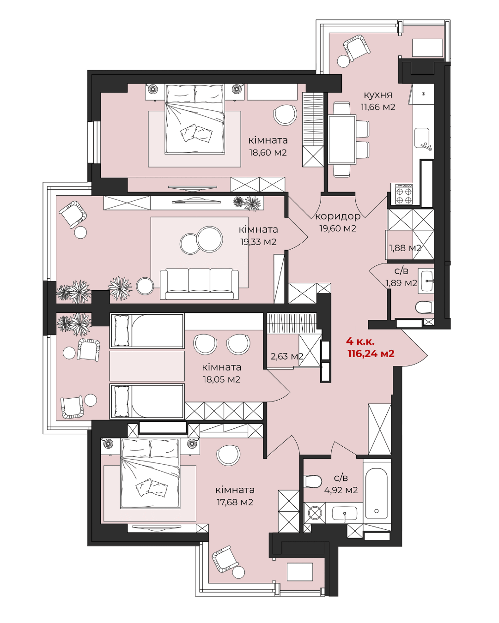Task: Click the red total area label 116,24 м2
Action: [x=371, y=353]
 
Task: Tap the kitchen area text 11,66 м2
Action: [x=378, y=107]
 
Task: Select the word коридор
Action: [x=338, y=216]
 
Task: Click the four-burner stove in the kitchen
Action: [x=402, y=194]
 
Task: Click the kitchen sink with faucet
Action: [x=422, y=139]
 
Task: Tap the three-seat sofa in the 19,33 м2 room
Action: [x=199, y=284]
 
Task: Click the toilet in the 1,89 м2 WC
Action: [x=424, y=307]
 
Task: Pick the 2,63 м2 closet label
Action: [x=287, y=356]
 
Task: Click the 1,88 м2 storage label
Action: [x=405, y=248]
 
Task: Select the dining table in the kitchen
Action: [x=342, y=140]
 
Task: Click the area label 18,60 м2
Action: [x=268, y=153]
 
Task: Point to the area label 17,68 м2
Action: [x=235, y=502]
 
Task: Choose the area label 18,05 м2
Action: [x=221, y=379]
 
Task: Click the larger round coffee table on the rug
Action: [x=210, y=240]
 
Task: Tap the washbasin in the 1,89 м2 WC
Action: [x=426, y=281]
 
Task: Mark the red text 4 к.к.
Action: [x=360, y=341]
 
